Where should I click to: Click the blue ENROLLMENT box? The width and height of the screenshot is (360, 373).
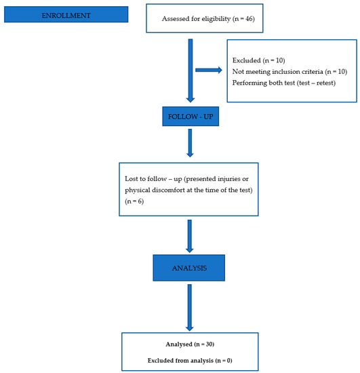(64, 14)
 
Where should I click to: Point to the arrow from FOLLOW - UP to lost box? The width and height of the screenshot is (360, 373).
(190, 142)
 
